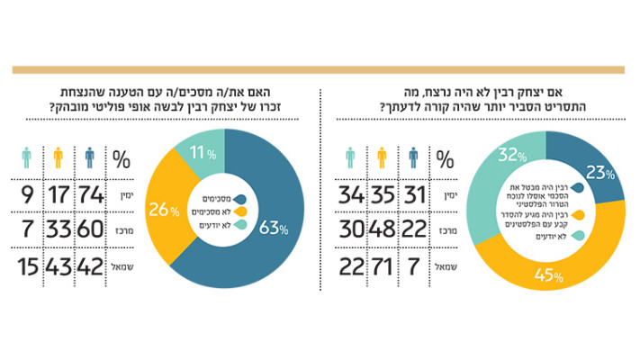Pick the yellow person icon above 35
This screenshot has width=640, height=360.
[383, 158]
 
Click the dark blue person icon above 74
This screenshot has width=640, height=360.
[90, 158]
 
